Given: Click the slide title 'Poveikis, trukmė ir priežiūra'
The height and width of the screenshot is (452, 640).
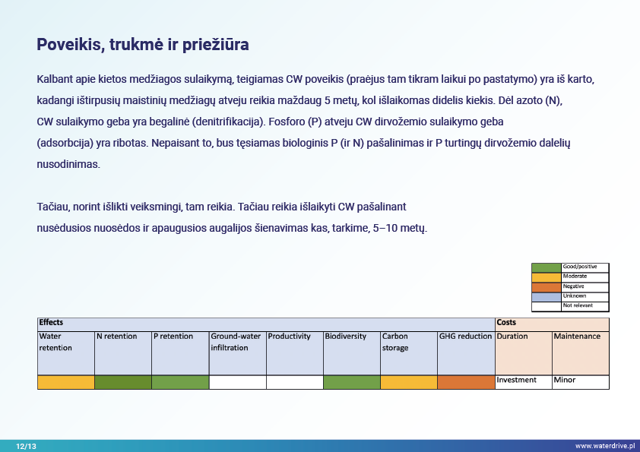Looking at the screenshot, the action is click(142, 45).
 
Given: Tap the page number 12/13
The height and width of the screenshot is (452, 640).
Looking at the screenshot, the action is click(26, 446).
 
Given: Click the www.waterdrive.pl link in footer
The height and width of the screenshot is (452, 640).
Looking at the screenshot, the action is click(605, 446).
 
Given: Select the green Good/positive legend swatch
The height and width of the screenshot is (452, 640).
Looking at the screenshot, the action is click(546, 267).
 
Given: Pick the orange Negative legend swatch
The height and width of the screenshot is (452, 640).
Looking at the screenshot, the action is click(546, 287).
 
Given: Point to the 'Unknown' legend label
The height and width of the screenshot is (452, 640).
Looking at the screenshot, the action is click(575, 296).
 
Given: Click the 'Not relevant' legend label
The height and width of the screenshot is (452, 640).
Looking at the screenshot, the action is click(578, 305).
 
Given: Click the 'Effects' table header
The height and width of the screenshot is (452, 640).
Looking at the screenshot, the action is click(51, 322).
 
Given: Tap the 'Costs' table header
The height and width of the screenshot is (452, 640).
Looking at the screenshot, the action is click(506, 322).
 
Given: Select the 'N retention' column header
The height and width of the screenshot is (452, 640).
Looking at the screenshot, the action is click(117, 336).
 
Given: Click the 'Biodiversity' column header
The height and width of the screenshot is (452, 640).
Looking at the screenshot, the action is click(345, 336).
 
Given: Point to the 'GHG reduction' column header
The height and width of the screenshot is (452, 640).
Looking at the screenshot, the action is click(465, 336).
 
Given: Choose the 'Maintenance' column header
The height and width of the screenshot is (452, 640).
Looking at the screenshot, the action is click(577, 336).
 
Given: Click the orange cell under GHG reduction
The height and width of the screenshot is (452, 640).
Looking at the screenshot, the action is click(466, 382).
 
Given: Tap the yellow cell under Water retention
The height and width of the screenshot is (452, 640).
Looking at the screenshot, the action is click(66, 382).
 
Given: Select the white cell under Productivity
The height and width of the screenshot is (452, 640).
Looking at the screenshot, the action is click(295, 382).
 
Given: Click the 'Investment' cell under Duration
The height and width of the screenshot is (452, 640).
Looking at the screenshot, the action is click(516, 380).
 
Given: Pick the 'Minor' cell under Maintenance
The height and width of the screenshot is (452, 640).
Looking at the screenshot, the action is click(565, 380).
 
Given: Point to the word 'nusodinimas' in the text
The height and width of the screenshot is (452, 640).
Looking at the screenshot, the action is click(68, 164).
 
